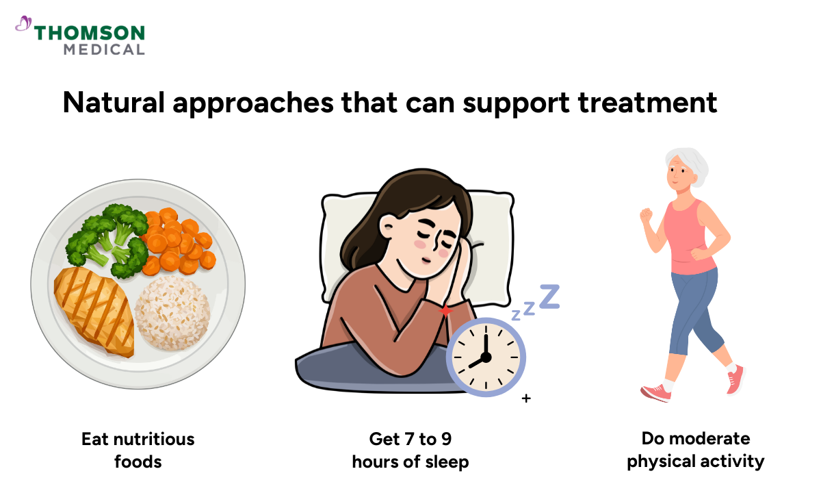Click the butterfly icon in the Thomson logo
coord(23,25)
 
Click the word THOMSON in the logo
coord(90,33)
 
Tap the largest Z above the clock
coord(549,295)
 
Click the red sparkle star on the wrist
coord(445,312)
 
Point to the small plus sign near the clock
coord(525,397)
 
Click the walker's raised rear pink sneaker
coord(735,380)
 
